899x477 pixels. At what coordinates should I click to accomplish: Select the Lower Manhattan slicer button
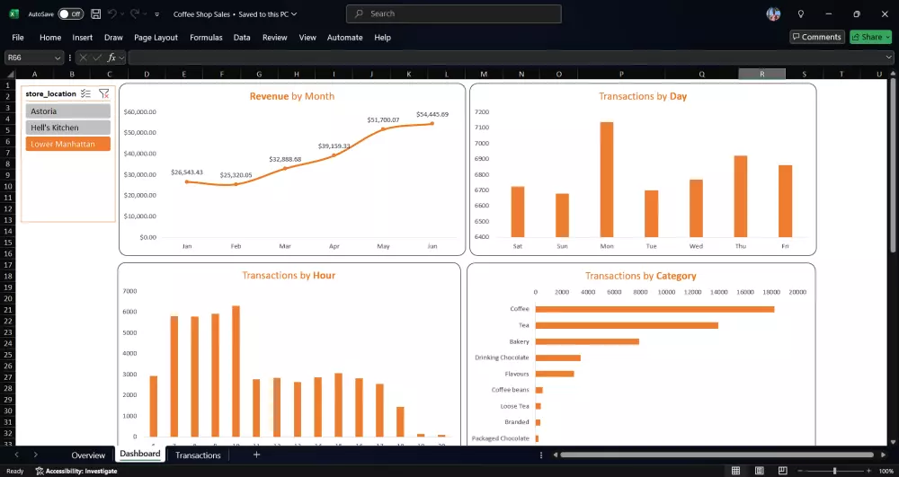click(67, 144)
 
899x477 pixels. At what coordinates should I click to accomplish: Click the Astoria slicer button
click(67, 111)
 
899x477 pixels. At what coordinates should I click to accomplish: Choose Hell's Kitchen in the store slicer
click(67, 128)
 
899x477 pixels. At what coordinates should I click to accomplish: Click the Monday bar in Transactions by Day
click(607, 180)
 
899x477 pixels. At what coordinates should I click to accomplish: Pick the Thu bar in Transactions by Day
click(741, 196)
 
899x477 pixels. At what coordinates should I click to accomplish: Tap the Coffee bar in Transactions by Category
click(654, 310)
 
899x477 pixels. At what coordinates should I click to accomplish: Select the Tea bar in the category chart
click(627, 325)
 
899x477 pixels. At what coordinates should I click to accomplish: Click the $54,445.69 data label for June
click(432, 114)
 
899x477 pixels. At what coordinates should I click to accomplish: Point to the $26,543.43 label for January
click(186, 172)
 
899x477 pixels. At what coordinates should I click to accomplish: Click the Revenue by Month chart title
click(291, 96)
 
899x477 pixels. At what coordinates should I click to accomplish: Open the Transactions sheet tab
click(198, 455)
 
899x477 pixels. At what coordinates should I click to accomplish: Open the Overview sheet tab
click(88, 455)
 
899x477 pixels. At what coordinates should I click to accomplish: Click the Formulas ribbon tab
click(206, 38)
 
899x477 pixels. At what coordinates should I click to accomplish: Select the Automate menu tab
click(344, 38)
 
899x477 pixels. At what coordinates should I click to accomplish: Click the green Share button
click(870, 37)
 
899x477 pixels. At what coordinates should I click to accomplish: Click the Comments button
click(816, 37)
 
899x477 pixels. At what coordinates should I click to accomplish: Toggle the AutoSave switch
click(69, 14)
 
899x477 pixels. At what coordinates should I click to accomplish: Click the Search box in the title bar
click(454, 13)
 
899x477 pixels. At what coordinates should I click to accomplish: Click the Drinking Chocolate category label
click(502, 358)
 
